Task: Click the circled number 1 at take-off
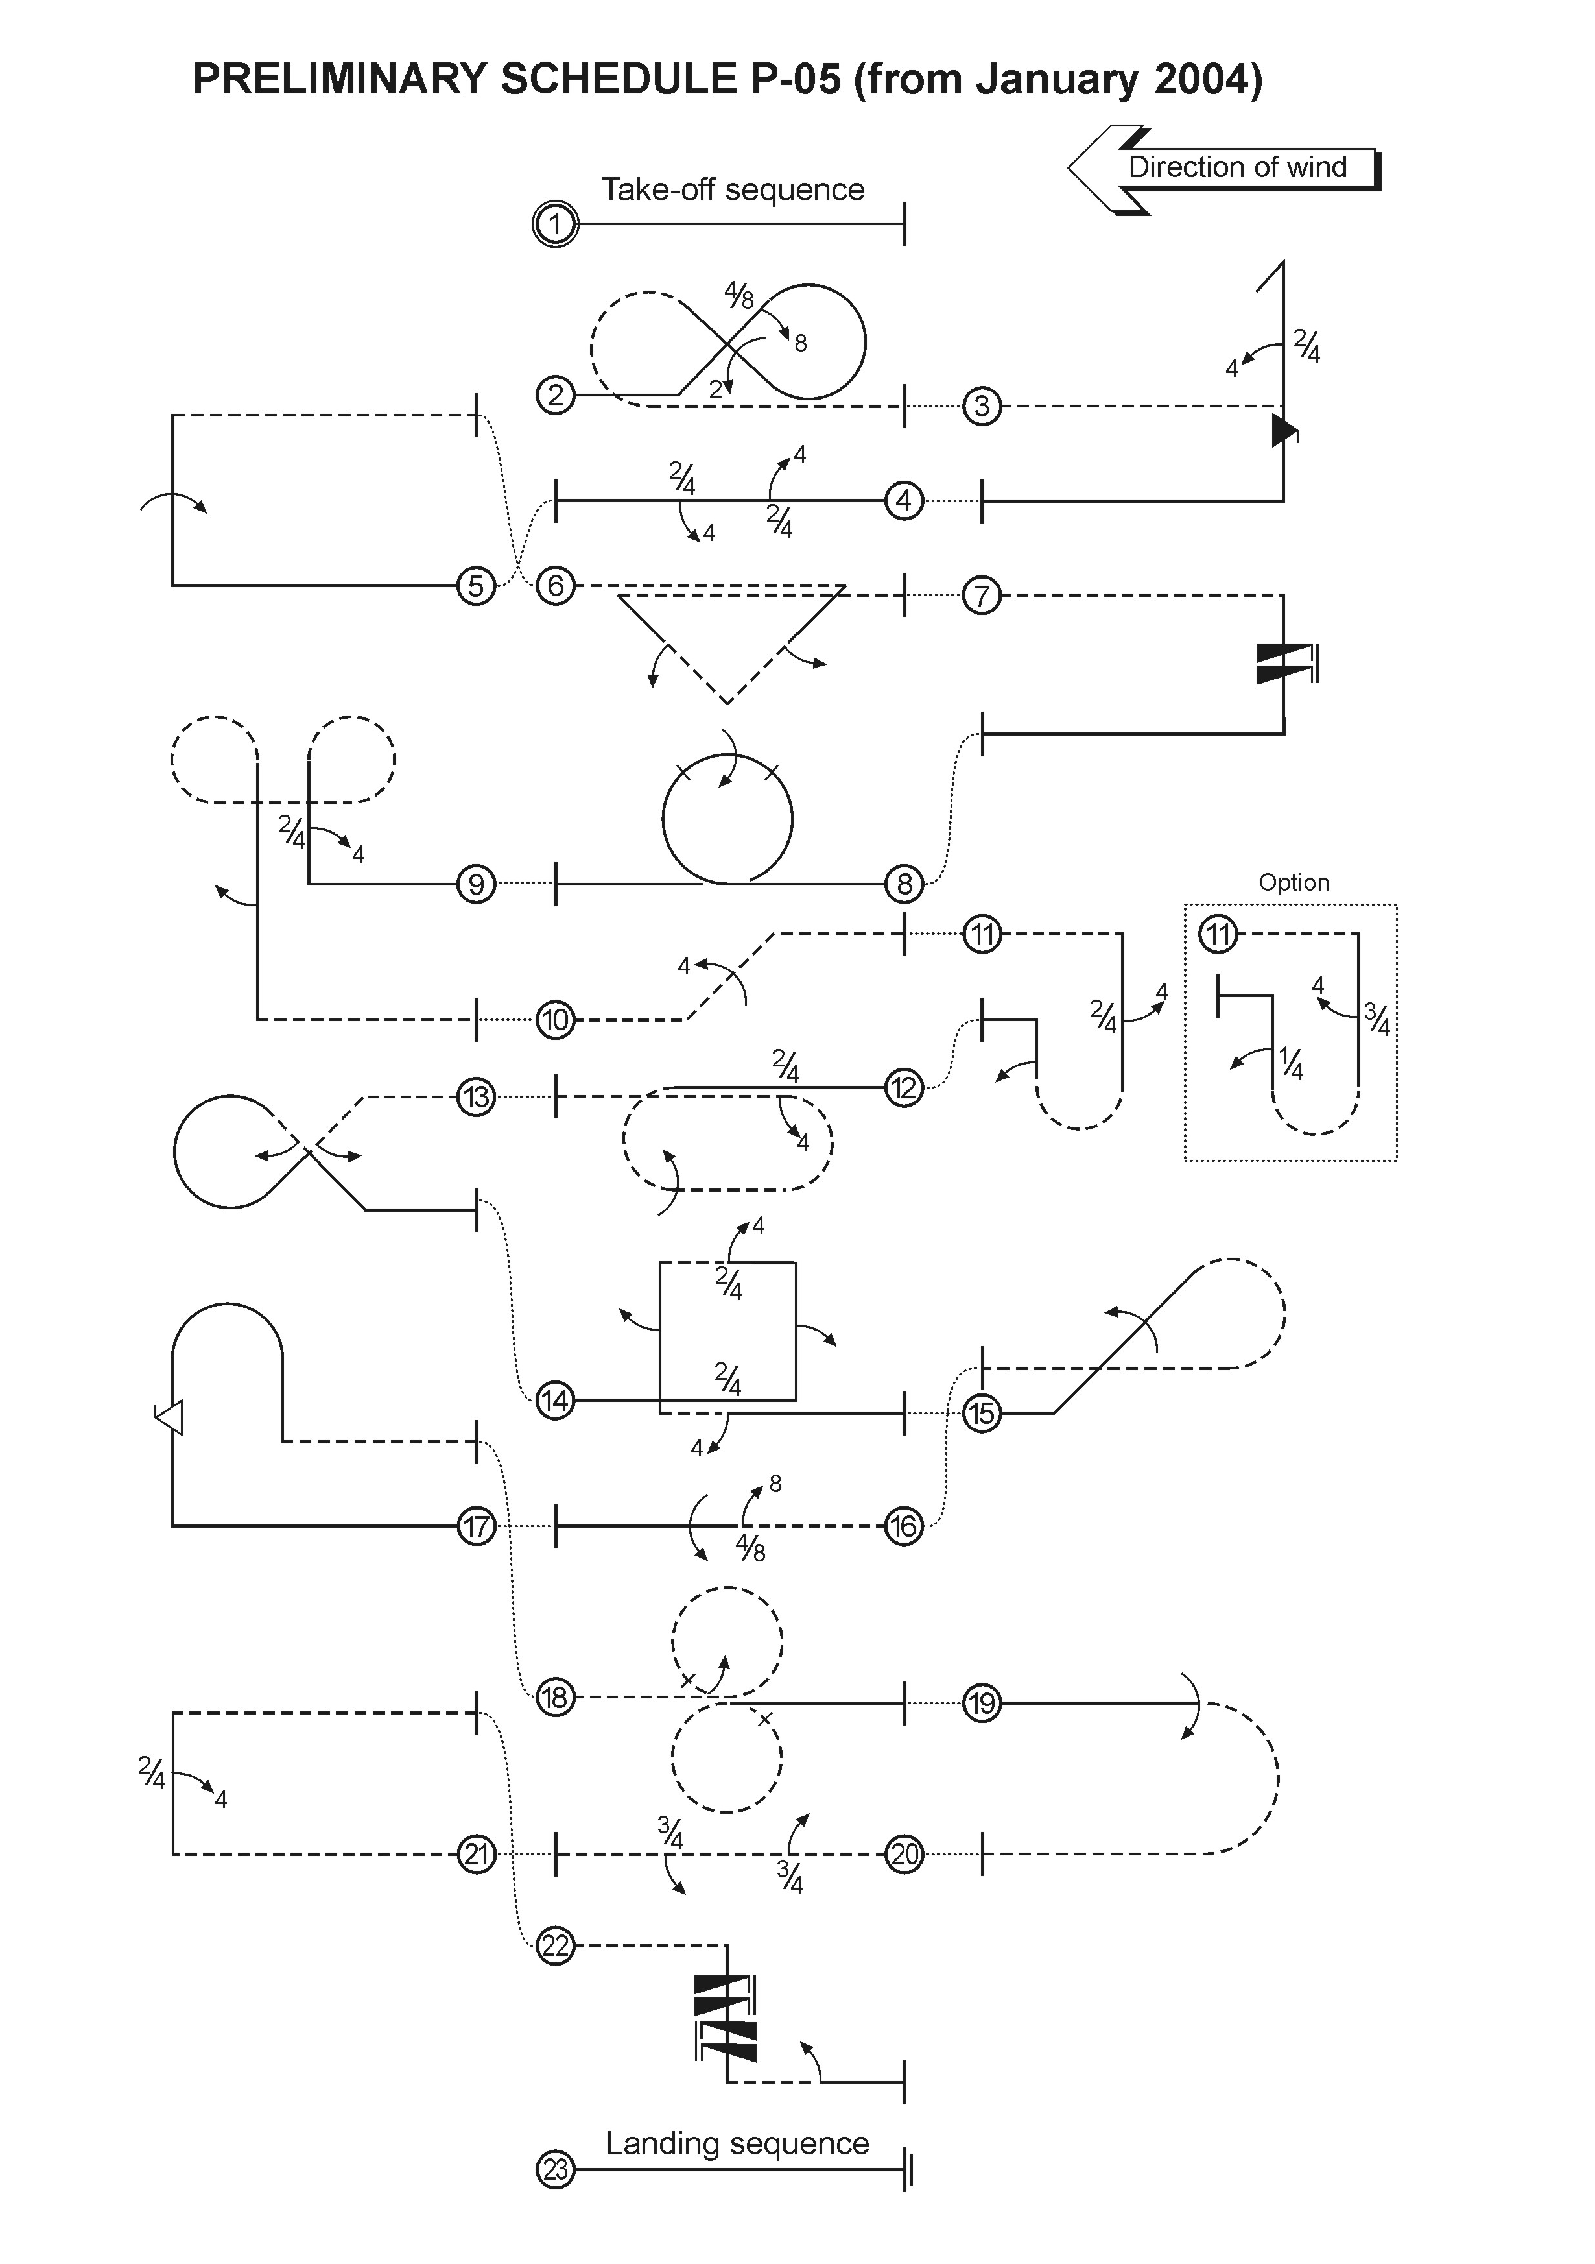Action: tap(555, 225)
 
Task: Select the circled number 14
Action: tap(555, 1400)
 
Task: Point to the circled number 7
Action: tap(982, 596)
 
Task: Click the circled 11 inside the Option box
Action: tap(1218, 933)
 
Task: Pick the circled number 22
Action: tap(555, 1945)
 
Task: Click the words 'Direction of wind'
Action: tap(1237, 167)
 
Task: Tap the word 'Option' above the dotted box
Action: tap(1294, 882)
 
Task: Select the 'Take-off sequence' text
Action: tap(733, 189)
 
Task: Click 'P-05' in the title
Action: tap(796, 79)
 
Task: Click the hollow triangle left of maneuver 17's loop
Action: tap(170, 1417)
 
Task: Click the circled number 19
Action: tap(982, 1703)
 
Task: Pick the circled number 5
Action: tap(476, 586)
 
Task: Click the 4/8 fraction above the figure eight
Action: tap(738, 294)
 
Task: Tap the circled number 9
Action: tap(476, 884)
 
